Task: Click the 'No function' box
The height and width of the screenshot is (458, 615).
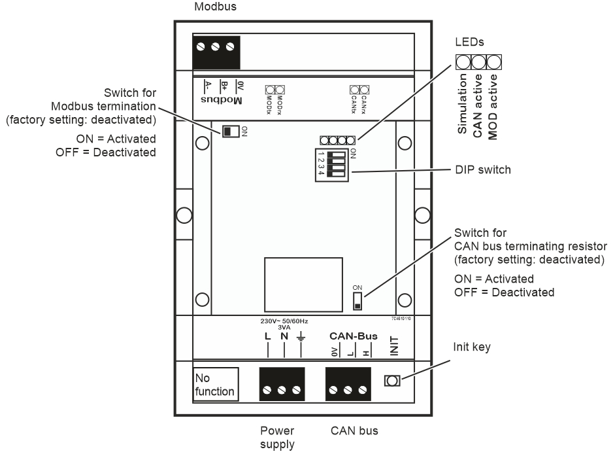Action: [x=216, y=383]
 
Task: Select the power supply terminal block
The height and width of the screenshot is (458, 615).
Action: [x=282, y=383]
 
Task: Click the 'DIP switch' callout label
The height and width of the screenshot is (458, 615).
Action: [x=482, y=169]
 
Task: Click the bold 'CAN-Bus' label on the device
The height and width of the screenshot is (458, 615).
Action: [x=354, y=336]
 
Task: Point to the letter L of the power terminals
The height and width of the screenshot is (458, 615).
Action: [x=268, y=337]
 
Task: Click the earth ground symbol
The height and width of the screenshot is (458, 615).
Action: [x=300, y=338]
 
